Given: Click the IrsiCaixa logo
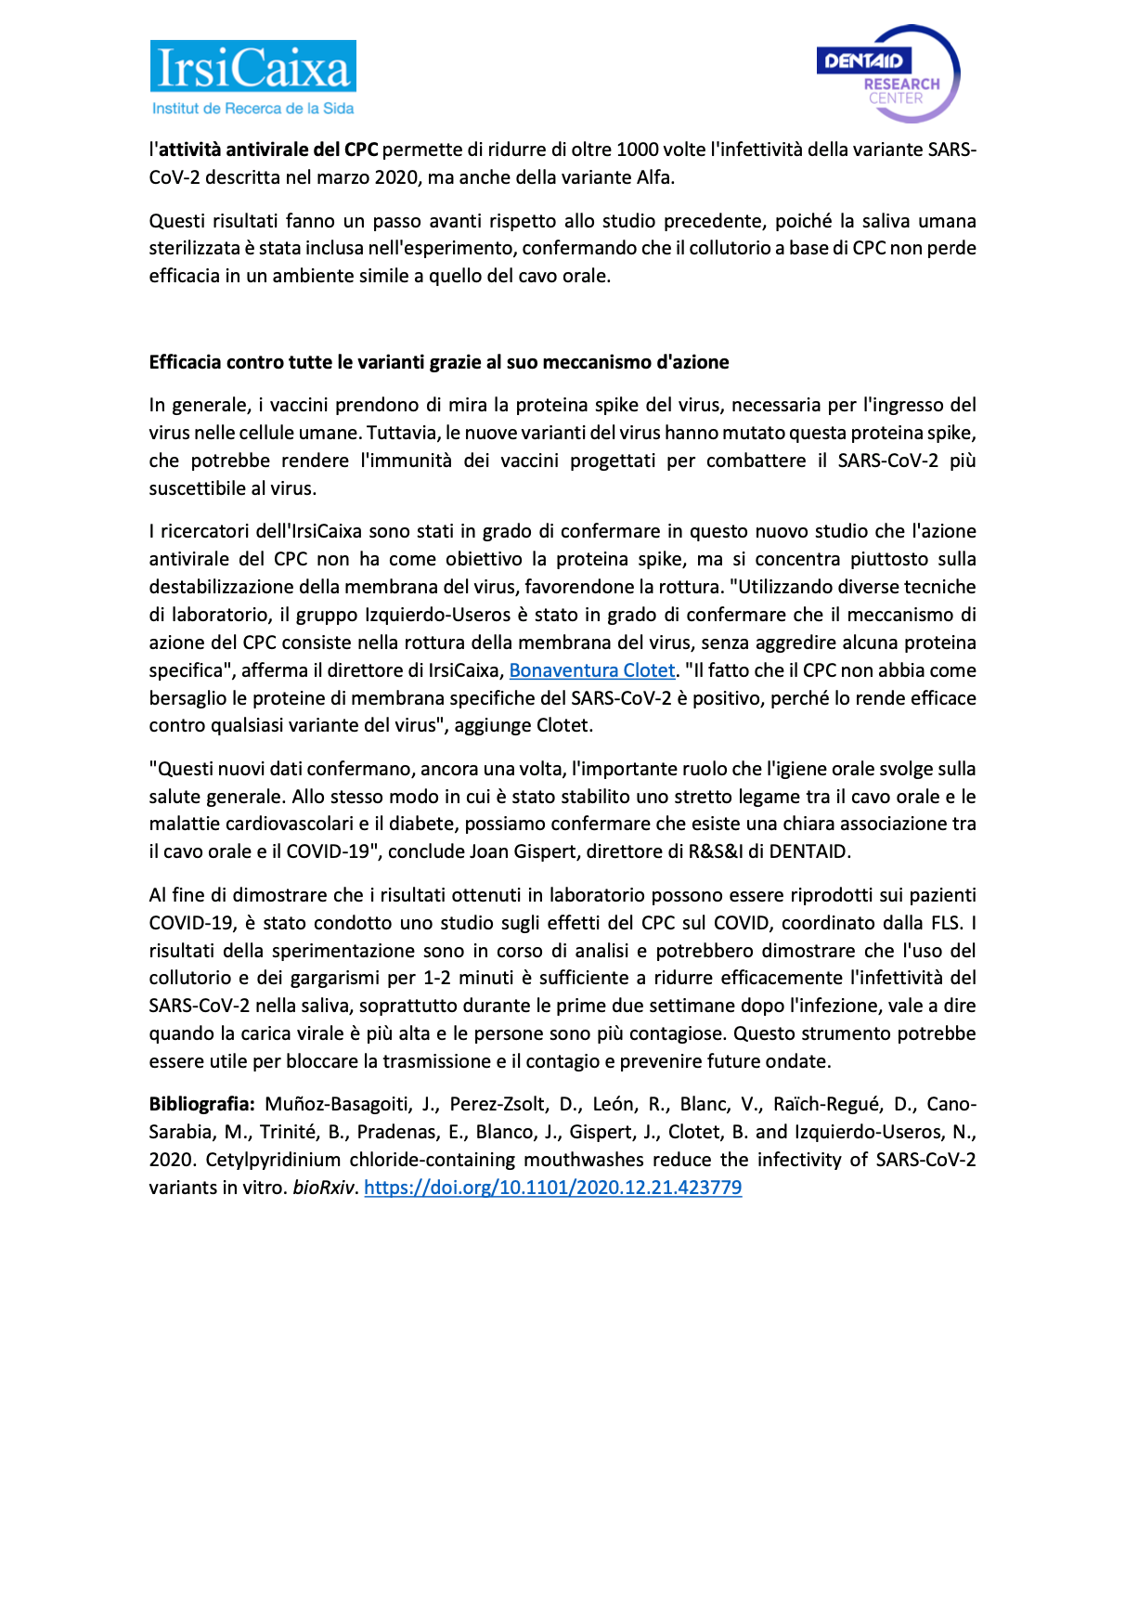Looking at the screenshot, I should (x=252, y=68).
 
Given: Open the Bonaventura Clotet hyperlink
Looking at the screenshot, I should (x=591, y=670).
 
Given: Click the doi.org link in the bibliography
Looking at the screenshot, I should (x=552, y=1188).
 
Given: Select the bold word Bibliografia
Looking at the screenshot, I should (x=201, y=1104).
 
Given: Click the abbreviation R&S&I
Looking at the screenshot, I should (x=716, y=851).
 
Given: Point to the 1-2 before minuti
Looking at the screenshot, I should (x=437, y=978).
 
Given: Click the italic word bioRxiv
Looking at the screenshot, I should (x=323, y=1188).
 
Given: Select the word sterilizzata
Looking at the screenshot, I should (x=194, y=248).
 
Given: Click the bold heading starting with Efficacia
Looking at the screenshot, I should (x=439, y=362).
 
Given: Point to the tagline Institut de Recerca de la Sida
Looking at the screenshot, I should (x=252, y=109).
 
